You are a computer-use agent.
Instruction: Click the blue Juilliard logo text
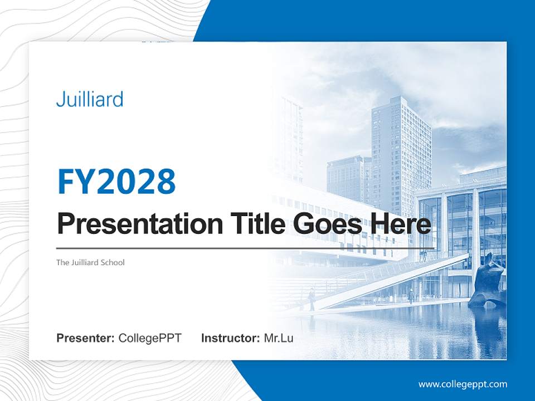pyautogui.click(x=89, y=100)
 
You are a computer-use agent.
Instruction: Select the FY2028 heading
pyautogui.click(x=116, y=182)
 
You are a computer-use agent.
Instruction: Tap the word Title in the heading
pyautogui.click(x=255, y=224)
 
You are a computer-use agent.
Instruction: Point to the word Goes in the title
pyautogui.click(x=326, y=224)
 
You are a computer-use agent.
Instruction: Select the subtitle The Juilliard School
pyautogui.click(x=90, y=262)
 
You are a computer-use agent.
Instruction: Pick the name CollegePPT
pyautogui.click(x=150, y=338)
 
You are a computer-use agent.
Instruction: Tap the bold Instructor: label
pyautogui.click(x=230, y=338)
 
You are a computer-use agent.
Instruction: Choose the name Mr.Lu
pyautogui.click(x=278, y=338)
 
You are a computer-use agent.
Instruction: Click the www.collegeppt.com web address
pyautogui.click(x=463, y=384)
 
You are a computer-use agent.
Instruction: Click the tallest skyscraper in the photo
pyautogui.click(x=401, y=150)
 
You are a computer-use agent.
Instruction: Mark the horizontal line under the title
pyautogui.click(x=245, y=248)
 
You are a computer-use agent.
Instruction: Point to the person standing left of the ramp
pyautogui.click(x=312, y=299)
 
